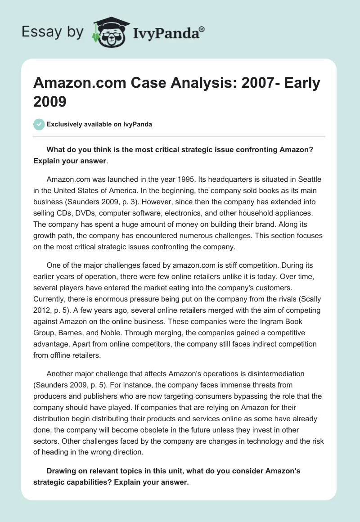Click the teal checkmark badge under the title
click(x=39, y=124)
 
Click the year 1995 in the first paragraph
click(x=202, y=179)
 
